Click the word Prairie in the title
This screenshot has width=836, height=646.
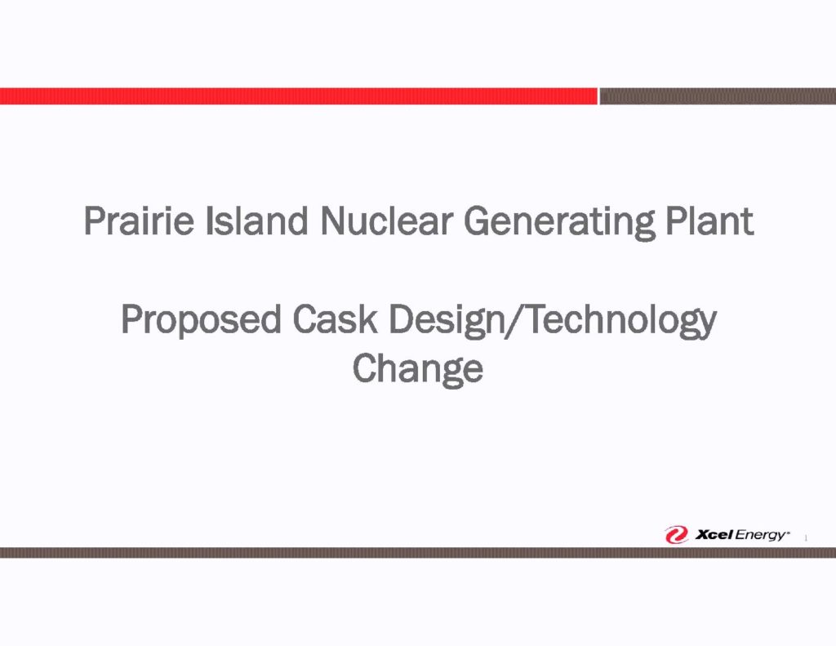click(139, 220)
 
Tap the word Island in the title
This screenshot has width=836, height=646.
click(256, 220)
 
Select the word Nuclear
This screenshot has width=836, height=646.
click(386, 220)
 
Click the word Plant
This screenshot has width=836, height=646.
click(709, 220)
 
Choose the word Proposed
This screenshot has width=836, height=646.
click(201, 321)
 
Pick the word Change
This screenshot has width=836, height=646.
click(417, 369)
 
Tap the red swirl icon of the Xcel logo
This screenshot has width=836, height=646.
click(676, 534)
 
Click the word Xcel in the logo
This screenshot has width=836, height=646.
click(714, 534)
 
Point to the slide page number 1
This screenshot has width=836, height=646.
click(806, 538)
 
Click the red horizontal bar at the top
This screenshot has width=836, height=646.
click(299, 96)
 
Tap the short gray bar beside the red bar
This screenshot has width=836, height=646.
click(718, 96)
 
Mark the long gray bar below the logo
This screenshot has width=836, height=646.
click(418, 553)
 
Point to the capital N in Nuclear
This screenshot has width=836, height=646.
click(333, 221)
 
